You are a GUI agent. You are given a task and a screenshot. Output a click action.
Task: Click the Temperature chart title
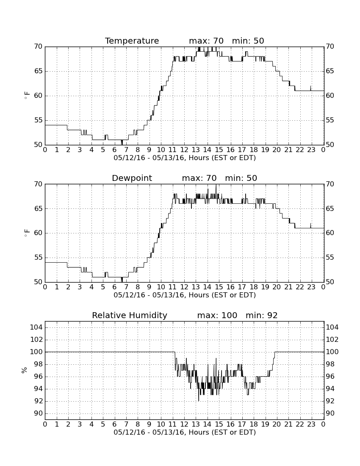click(132, 41)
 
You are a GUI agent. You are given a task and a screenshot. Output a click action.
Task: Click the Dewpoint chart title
click(132, 178)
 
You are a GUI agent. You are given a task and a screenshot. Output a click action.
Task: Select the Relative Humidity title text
click(130, 315)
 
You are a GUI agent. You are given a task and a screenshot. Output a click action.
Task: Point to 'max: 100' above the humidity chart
click(217, 315)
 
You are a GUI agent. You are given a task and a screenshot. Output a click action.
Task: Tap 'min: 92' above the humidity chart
click(261, 315)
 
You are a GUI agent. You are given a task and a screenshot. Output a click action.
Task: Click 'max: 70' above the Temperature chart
click(206, 41)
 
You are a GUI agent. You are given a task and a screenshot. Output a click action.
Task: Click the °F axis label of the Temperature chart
click(27, 95)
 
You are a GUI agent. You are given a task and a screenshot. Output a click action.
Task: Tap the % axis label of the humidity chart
click(25, 370)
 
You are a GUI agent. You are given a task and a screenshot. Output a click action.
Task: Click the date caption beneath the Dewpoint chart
click(185, 295)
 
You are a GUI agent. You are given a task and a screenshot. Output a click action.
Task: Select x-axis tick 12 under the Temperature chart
click(184, 150)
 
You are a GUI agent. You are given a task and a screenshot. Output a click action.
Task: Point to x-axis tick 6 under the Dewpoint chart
click(115, 287)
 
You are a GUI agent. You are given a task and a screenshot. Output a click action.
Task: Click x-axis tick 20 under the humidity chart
click(277, 424)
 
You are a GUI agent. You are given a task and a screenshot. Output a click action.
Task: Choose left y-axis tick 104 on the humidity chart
click(36, 327)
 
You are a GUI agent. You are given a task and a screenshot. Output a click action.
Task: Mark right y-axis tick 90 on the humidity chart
click(330, 413)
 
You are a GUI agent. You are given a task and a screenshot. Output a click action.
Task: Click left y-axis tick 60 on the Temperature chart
click(38, 96)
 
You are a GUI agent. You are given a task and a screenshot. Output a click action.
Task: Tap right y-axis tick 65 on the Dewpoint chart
click(330, 208)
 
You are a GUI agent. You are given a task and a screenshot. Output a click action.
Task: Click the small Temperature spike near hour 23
click(310, 88)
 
